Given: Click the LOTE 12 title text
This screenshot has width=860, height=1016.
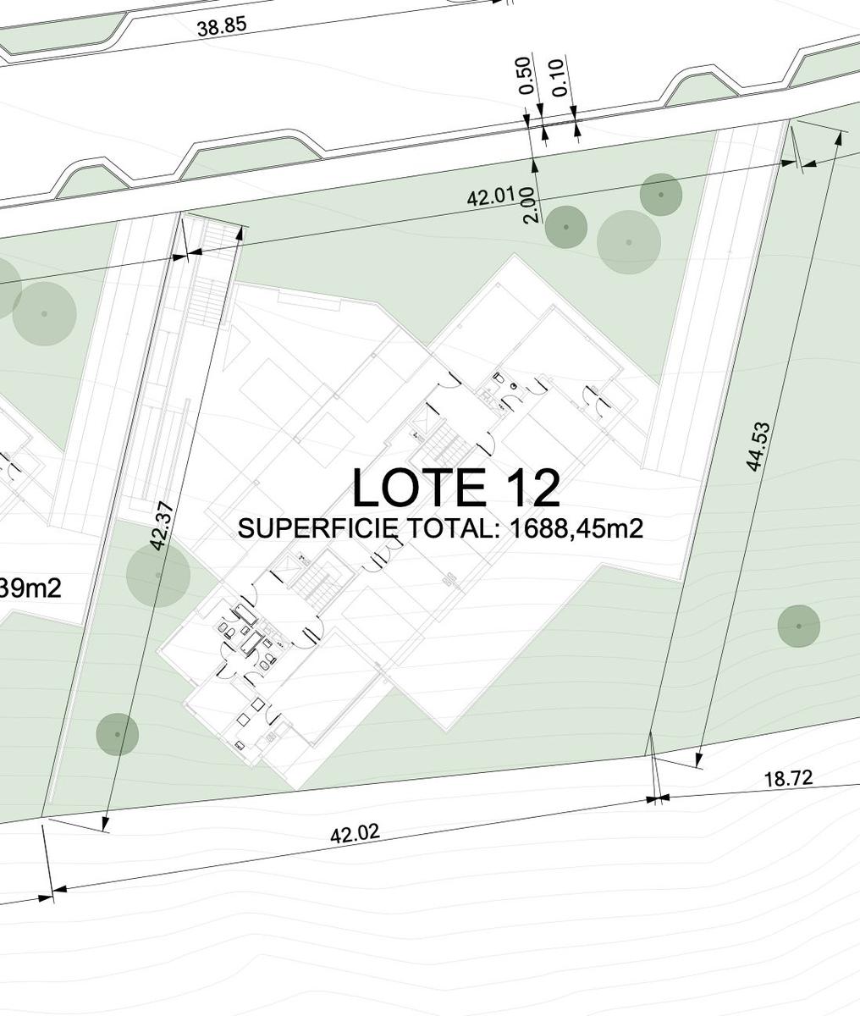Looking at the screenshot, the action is coord(456,487).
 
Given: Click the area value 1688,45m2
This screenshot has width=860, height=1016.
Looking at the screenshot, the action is coord(576,529).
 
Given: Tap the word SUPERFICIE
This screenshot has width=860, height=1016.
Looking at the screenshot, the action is coord(317,529).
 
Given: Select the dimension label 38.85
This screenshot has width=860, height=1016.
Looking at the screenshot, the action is coord(222,26).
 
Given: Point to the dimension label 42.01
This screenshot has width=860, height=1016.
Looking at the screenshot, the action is coord(491,196).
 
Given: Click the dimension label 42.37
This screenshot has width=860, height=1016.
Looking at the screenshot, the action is coord(163,526).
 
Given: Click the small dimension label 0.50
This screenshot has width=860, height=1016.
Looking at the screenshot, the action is coord(526,75).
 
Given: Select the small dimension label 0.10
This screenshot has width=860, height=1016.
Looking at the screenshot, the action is coord(560,77).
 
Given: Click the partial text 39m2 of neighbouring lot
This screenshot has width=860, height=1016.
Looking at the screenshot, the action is coord(30,588).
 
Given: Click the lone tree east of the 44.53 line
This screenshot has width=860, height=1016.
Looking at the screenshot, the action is coord(798,626).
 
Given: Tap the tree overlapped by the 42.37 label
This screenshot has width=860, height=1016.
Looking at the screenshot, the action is coord(158,575).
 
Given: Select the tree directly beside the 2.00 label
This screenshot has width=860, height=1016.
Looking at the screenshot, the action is coord(566,227).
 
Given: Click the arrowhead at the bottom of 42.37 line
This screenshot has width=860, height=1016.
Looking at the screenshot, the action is coord(105,824).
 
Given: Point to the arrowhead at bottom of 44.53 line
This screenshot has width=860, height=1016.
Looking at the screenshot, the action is coord(697,759).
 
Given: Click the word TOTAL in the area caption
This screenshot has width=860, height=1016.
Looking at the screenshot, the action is coord(454,529).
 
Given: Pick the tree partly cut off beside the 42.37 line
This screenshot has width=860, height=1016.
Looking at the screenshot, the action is coord(118,734).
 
